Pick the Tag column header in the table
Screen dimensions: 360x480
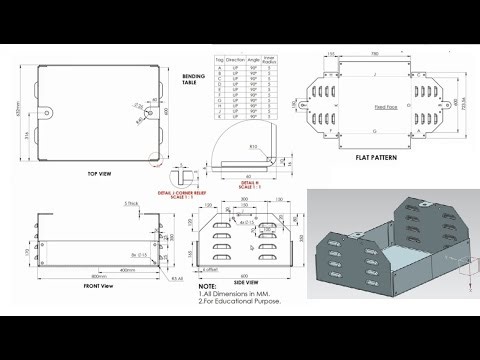point(220,61)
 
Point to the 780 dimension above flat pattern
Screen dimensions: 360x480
point(373,53)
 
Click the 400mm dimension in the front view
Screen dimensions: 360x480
point(126,269)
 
